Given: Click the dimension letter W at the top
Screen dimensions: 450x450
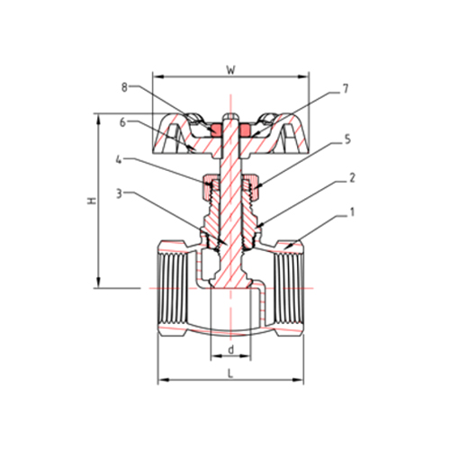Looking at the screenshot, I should [x=232, y=68].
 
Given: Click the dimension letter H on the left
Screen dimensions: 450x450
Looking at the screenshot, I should [x=90, y=203].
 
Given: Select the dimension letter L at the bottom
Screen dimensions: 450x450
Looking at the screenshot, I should [x=232, y=371].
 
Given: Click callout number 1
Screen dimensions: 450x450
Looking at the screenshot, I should [x=352, y=214].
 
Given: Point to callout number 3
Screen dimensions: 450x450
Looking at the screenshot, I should [x=121, y=193].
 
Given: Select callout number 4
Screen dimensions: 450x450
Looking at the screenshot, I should [x=121, y=161].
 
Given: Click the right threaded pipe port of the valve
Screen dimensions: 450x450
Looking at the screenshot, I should [x=289, y=288].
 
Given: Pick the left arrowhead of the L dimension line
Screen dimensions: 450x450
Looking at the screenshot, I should [x=162, y=379].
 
